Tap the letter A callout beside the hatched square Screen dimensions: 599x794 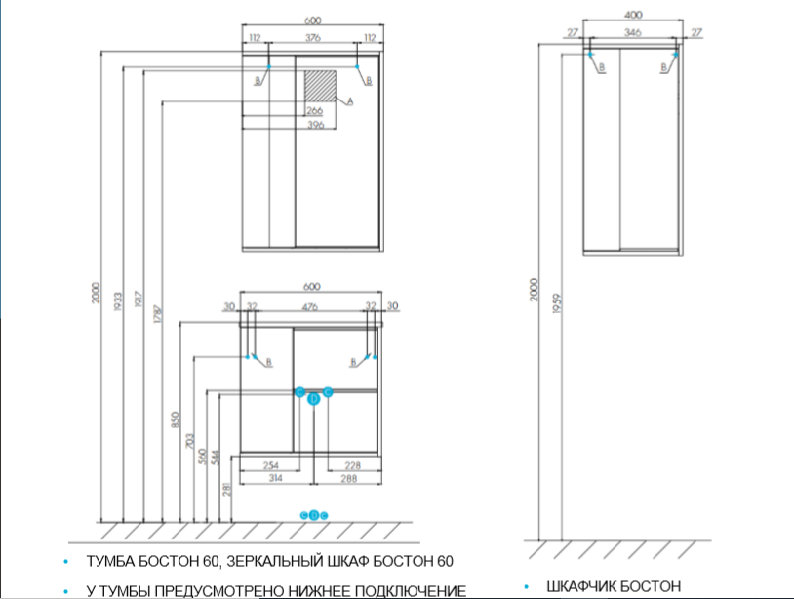(x=349, y=100)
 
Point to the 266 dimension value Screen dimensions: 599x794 (x=315, y=111)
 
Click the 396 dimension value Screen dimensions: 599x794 (x=315, y=125)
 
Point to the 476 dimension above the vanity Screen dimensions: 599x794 (x=310, y=306)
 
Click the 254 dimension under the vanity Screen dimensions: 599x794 (x=272, y=465)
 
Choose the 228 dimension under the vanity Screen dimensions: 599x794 (x=353, y=465)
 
